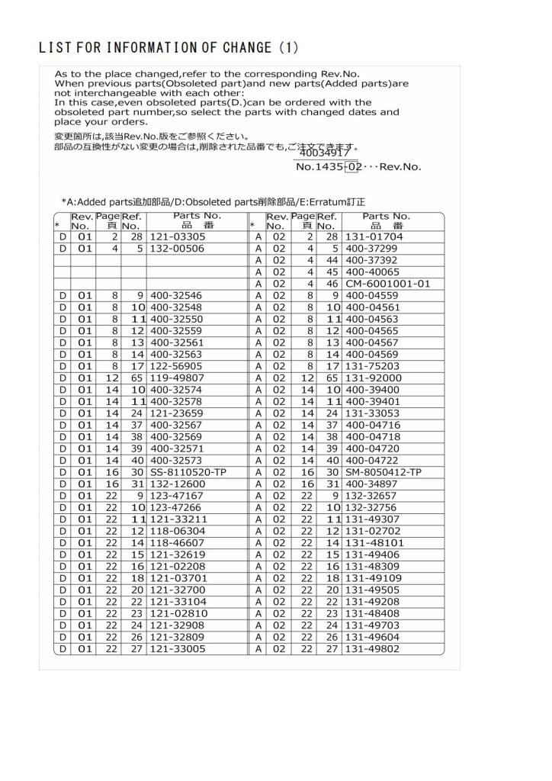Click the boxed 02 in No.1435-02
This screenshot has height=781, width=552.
(352, 166)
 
